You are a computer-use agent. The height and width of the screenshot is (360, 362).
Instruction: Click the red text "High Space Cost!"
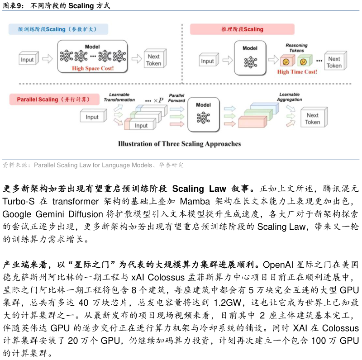pos(93,69)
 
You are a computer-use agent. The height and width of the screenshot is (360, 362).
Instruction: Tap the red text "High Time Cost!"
pos(297,72)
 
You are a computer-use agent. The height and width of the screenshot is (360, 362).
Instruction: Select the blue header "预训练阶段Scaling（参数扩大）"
pos(58,29)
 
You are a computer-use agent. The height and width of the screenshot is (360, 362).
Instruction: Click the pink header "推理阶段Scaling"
pos(242,29)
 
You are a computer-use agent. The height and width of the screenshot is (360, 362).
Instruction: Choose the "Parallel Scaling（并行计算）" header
pos(53,99)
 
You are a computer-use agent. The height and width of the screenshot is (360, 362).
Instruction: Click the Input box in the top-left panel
pos(28,59)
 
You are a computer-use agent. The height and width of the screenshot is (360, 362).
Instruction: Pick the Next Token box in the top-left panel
pos(154,60)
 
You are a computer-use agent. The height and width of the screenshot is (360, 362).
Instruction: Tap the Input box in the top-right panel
pos(208,61)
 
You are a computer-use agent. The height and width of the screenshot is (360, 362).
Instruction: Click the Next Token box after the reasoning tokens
pos(334,62)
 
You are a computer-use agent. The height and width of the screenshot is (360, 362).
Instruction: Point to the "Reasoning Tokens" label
pos(296,48)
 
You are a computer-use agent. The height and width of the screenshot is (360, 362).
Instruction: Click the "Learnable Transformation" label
pos(119,97)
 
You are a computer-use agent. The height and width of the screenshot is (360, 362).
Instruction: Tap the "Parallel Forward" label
pos(176,98)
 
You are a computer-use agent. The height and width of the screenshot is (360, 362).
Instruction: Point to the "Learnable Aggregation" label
pos(289,97)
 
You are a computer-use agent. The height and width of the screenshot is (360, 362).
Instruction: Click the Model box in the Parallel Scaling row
pos(203,114)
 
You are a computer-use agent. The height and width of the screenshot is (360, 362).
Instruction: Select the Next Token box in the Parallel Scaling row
pos(312,118)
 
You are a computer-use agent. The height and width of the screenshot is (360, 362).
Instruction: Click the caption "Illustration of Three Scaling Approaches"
pos(179,144)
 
